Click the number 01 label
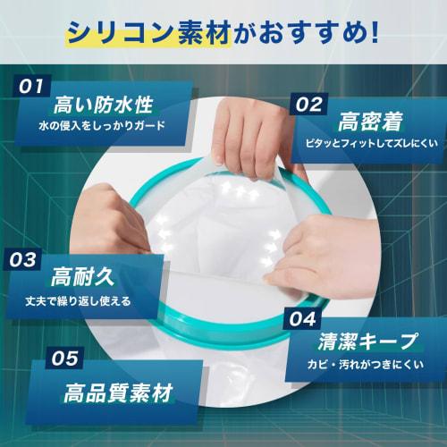(30, 87)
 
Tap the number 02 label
(310, 104)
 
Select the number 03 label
(26, 260)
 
